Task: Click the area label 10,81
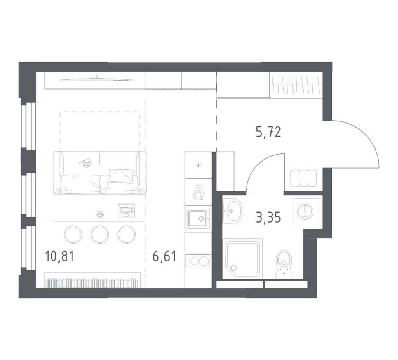pyautogui.click(x=60, y=257)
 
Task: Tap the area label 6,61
pyautogui.click(x=164, y=257)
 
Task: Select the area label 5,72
pyautogui.click(x=268, y=132)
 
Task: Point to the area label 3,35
pyautogui.click(x=268, y=217)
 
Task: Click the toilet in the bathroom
pyautogui.click(x=284, y=263)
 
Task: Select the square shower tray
pyautogui.click(x=243, y=259)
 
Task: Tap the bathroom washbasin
pyautogui.click(x=232, y=211)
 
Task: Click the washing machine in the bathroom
pyautogui.click(x=305, y=211)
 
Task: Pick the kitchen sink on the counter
pyautogui.click(x=198, y=218)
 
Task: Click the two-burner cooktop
pyautogui.click(x=198, y=261)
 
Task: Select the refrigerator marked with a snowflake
pyautogui.click(x=198, y=165)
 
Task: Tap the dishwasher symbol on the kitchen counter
pyautogui.click(x=198, y=192)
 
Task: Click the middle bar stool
pyautogui.click(x=100, y=234)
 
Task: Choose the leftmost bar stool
pyautogui.click(x=73, y=234)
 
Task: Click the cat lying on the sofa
pyautogui.click(x=86, y=163)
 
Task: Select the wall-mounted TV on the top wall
pyautogui.click(x=97, y=79)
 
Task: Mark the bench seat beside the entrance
pyautogui.click(x=304, y=178)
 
